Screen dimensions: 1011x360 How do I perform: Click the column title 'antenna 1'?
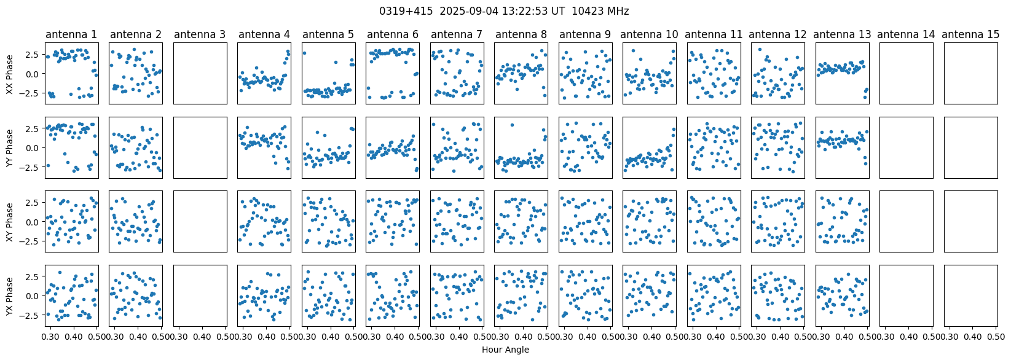(71, 34)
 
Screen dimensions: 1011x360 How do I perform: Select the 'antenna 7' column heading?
(457, 34)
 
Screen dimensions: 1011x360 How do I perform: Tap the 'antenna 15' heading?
(970, 34)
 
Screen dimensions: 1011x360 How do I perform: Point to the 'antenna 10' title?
(649, 34)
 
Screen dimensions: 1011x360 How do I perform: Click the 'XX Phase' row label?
(10, 74)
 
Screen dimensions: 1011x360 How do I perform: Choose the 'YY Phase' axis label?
(10, 148)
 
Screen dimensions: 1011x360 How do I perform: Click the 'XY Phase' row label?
(10, 222)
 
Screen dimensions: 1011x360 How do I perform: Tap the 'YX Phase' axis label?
(10, 296)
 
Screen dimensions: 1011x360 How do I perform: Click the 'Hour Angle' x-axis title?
(505, 350)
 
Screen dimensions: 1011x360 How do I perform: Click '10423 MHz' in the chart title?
(600, 11)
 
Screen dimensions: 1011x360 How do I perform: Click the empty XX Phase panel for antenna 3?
(200, 74)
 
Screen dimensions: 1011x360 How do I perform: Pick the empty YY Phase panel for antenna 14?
(907, 147)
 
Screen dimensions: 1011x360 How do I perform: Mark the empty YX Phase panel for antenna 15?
(970, 295)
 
